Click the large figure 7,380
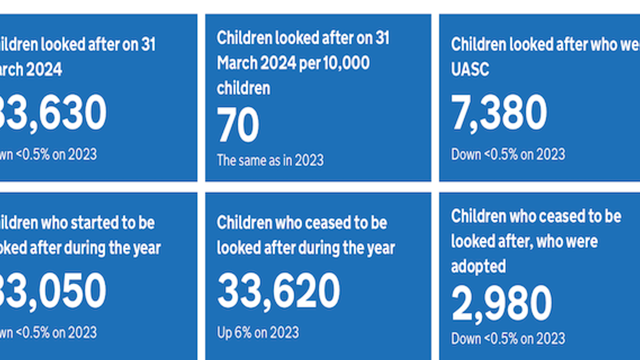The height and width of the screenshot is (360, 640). tap(499, 113)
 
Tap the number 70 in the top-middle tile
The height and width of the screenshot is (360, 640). tap(238, 126)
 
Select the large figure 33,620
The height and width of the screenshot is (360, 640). tap(278, 292)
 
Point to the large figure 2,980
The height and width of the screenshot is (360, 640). tap(501, 304)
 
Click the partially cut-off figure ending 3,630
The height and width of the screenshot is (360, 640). tap(52, 113)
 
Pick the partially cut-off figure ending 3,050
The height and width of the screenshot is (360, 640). tap(52, 292)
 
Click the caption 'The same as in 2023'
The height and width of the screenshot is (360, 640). tap(270, 160)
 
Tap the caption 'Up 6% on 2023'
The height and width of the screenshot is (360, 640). tap(257, 332)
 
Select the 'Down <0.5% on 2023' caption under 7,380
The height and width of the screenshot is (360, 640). tap(508, 154)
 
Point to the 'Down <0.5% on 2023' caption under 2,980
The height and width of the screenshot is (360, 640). tap(508, 338)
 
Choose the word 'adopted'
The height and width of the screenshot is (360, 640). tap(478, 266)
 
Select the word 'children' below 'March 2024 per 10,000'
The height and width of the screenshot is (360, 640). tap(243, 88)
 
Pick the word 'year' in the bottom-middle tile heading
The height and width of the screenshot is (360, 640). tap(380, 248)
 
